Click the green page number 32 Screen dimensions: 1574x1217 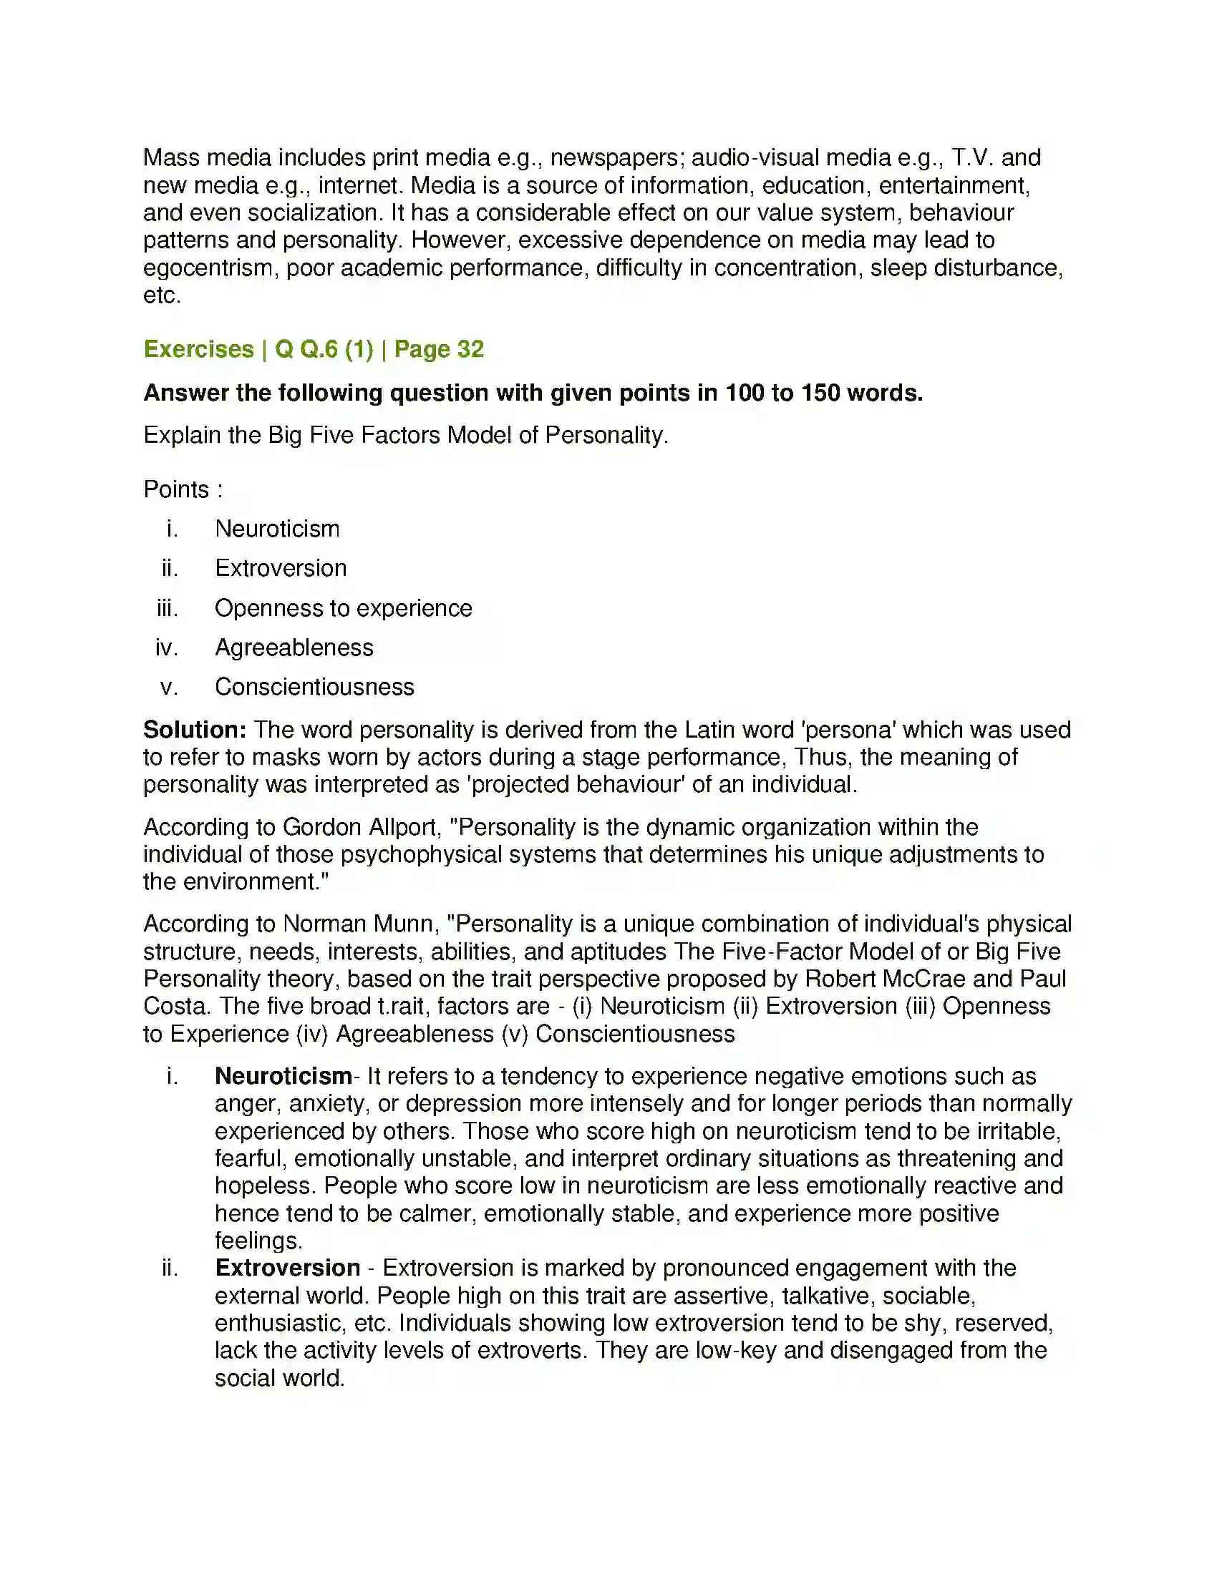pyautogui.click(x=470, y=349)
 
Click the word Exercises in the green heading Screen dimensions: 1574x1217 pyautogui.click(x=199, y=349)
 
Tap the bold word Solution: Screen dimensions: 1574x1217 pyautogui.click(x=195, y=729)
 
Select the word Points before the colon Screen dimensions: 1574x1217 pyautogui.click(x=176, y=489)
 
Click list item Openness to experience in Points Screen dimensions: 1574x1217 pyautogui.click(x=343, y=608)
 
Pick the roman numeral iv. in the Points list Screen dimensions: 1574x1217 pyautogui.click(x=167, y=648)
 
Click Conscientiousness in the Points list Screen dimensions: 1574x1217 pyautogui.click(x=314, y=687)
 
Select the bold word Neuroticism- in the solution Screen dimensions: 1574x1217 pyautogui.click(x=284, y=1076)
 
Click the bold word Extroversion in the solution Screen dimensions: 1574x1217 pyautogui.click(x=288, y=1268)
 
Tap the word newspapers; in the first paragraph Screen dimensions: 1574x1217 pyautogui.click(x=617, y=158)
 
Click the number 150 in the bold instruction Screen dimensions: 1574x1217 pyautogui.click(x=820, y=393)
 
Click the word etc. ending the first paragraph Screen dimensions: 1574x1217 pyautogui.click(x=162, y=295)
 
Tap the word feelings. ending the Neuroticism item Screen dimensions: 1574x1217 pyautogui.click(x=258, y=1241)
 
